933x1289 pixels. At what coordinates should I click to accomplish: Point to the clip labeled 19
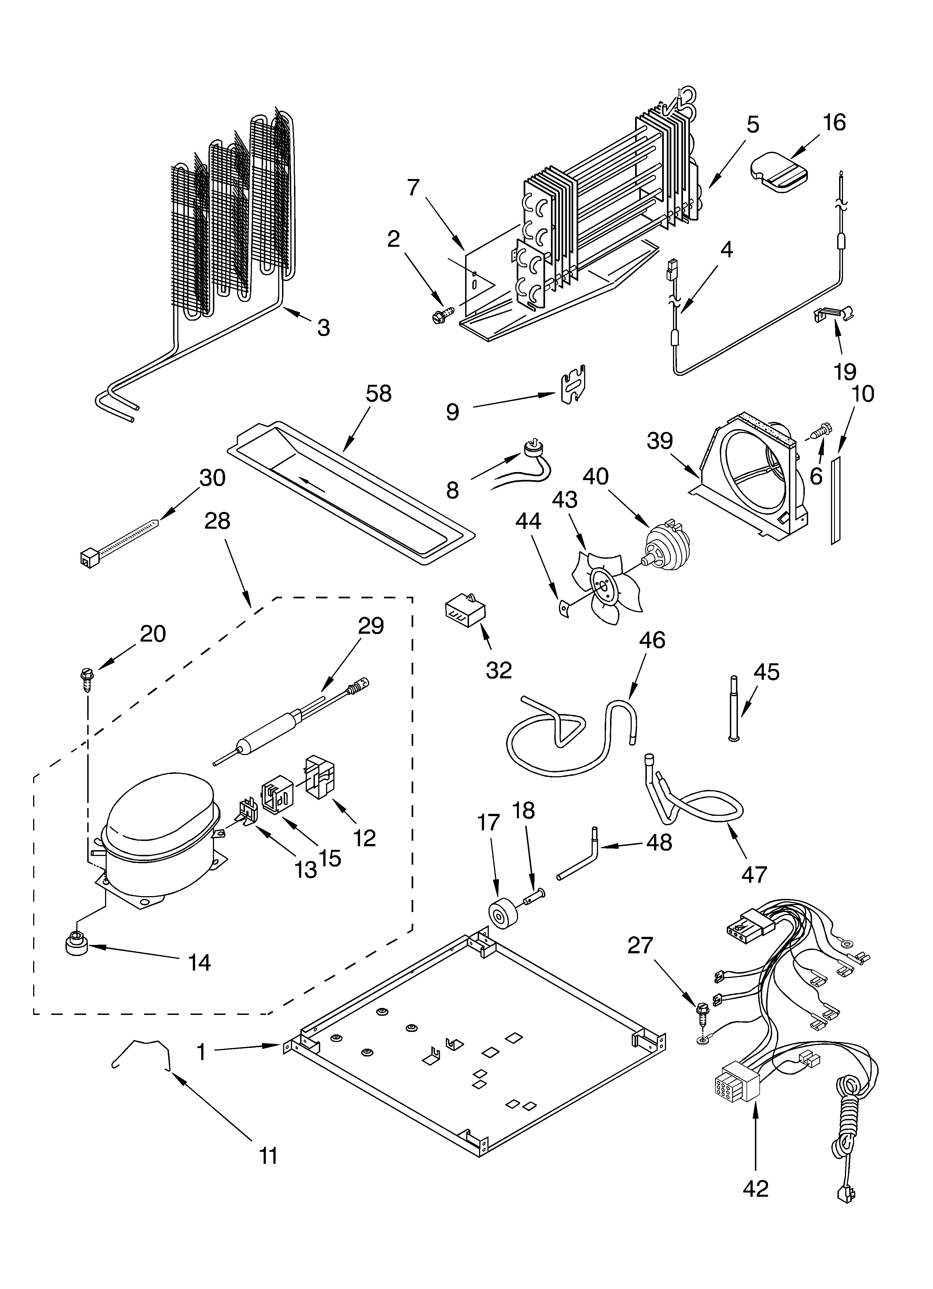(x=834, y=313)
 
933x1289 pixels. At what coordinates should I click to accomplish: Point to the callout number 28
(x=217, y=521)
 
